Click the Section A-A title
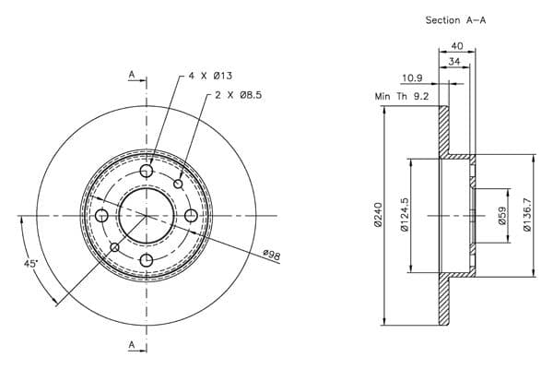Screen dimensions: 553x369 [455, 20]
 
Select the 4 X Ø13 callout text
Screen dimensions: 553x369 [210, 76]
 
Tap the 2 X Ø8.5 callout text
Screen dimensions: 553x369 [239, 95]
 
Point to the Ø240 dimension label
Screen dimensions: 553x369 [378, 215]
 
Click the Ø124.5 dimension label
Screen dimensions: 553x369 [405, 215]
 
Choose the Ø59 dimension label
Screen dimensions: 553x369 [502, 215]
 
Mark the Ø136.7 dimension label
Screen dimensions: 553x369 [527, 214]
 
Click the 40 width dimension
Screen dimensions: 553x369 [457, 46]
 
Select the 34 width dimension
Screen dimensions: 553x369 [454, 62]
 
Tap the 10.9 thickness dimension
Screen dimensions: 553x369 [412, 77]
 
